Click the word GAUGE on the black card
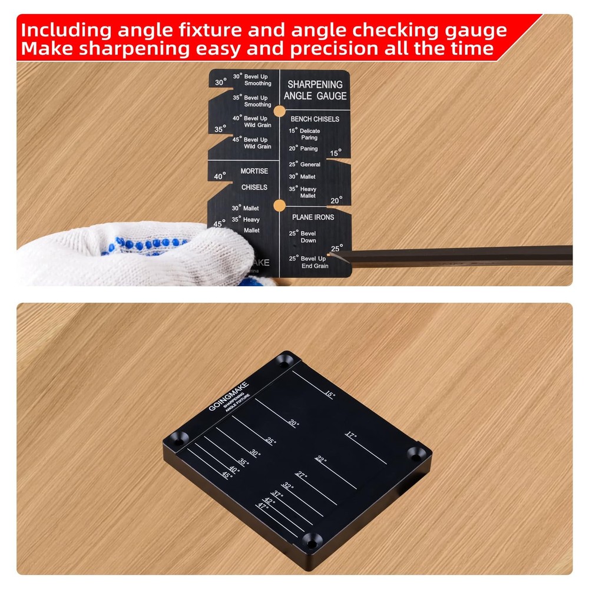tap(332, 96)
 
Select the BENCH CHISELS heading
tap(315, 119)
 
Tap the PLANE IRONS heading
tap(313, 217)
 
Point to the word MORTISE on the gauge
tap(254, 171)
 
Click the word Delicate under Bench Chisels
tap(310, 131)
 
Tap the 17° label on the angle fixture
tap(351, 435)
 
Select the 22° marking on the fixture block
tap(320, 459)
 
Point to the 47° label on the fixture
tap(263, 505)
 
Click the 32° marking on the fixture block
tap(287, 486)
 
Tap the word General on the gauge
tap(310, 164)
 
